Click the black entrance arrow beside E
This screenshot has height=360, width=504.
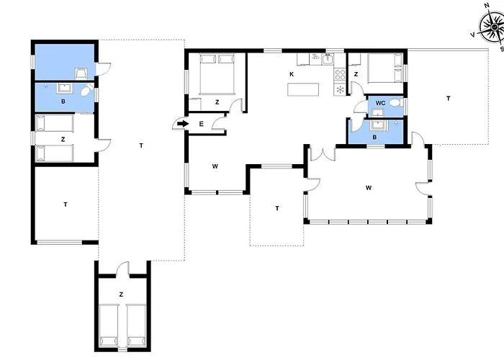[183, 124]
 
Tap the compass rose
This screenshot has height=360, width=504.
[492, 27]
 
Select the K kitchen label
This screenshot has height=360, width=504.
[292, 74]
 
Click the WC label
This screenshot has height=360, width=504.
[380, 103]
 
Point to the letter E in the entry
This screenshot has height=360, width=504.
[201, 124]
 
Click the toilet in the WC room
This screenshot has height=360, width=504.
[395, 103]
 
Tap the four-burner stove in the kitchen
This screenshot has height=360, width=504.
[340, 75]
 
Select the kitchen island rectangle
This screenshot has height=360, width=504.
[303, 89]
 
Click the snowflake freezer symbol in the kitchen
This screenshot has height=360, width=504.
[340, 89]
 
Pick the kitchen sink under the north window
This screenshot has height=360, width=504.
[327, 59]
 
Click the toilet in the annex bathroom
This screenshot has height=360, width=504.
[86, 91]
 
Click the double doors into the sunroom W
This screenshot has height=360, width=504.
[323, 153]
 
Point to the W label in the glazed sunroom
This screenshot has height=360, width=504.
[369, 187]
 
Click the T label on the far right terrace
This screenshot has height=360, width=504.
[449, 99]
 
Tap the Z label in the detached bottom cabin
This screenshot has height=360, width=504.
[121, 294]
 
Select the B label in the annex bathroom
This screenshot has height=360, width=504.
[63, 102]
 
